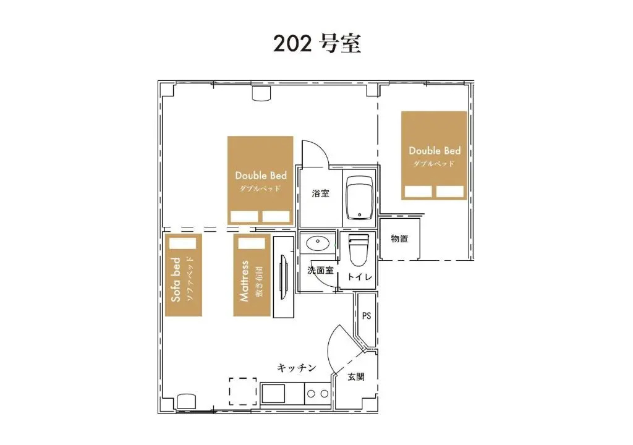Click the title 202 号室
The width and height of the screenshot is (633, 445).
317,44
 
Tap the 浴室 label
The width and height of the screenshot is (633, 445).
321,193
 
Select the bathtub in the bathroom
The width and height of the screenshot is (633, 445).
360,197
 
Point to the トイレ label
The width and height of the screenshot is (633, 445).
360,277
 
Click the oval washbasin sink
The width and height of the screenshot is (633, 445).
318,243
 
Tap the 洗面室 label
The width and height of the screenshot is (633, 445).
321,270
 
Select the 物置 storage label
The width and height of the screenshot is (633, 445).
400,239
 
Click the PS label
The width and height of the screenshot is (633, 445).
367,316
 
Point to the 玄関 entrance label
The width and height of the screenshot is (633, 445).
356,377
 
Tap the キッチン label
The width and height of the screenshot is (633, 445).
297,368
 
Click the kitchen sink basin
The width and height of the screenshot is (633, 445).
273,394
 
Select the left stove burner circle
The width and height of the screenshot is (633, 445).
311,394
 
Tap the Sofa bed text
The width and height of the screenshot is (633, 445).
176,279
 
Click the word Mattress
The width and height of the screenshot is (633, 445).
244,281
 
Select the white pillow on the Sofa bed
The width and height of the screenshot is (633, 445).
182,244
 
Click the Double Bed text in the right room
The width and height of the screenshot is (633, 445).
435,151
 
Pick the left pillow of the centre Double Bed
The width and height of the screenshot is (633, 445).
244,216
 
